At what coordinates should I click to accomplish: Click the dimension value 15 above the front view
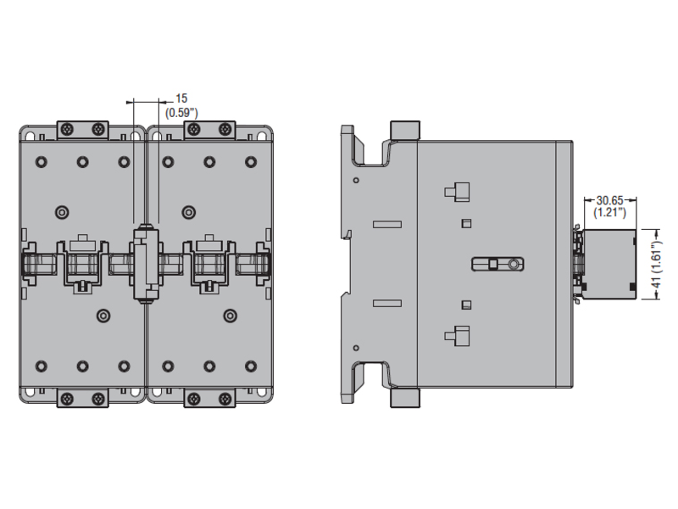click(x=182, y=98)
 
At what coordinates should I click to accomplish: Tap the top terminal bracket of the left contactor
click(x=82, y=130)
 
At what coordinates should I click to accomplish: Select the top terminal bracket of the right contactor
click(x=208, y=130)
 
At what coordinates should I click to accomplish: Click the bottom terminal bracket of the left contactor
click(x=82, y=397)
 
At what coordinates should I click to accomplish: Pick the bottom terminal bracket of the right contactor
click(x=208, y=397)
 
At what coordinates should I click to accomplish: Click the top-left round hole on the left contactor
click(x=41, y=161)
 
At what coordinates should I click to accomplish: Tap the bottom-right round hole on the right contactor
click(x=250, y=366)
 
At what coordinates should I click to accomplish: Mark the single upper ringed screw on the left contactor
click(x=61, y=211)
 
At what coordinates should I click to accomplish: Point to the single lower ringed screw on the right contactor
click(x=229, y=316)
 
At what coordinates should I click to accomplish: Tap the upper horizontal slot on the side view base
click(x=386, y=225)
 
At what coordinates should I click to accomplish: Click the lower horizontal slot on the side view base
click(x=386, y=303)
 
